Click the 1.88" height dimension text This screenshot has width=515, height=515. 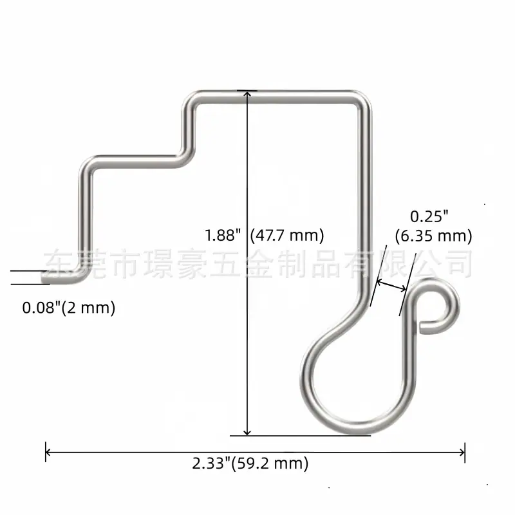click(223, 235)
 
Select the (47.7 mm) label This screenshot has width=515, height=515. click(287, 236)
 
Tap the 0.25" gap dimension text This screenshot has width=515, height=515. click(429, 217)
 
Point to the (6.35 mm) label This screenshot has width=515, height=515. click(433, 236)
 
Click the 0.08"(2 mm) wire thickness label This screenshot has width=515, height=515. click(69, 308)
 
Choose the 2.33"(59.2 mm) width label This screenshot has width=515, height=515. click(250, 464)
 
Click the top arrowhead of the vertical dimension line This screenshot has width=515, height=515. click(247, 94)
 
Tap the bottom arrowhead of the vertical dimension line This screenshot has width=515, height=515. click(247, 431)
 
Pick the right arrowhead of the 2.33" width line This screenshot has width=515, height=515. click(462, 453)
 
